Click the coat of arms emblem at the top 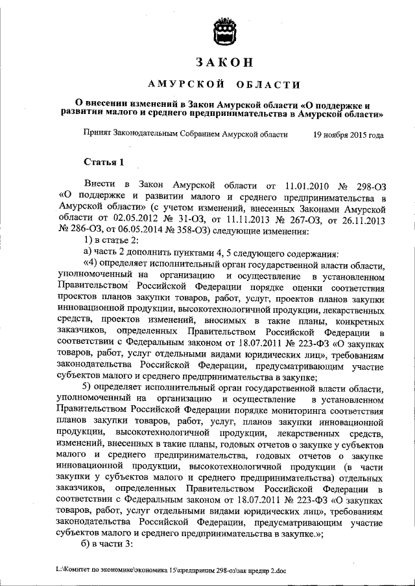(223, 30)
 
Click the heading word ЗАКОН (223, 63)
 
